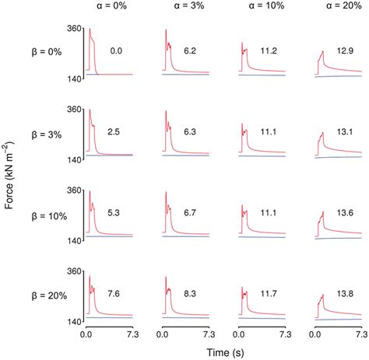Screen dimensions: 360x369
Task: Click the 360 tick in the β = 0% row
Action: pyautogui.click(x=75, y=28)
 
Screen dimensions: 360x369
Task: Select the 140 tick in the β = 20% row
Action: pyautogui.click(x=75, y=321)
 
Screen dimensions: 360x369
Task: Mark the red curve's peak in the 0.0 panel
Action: pyautogui.click(x=90, y=30)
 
